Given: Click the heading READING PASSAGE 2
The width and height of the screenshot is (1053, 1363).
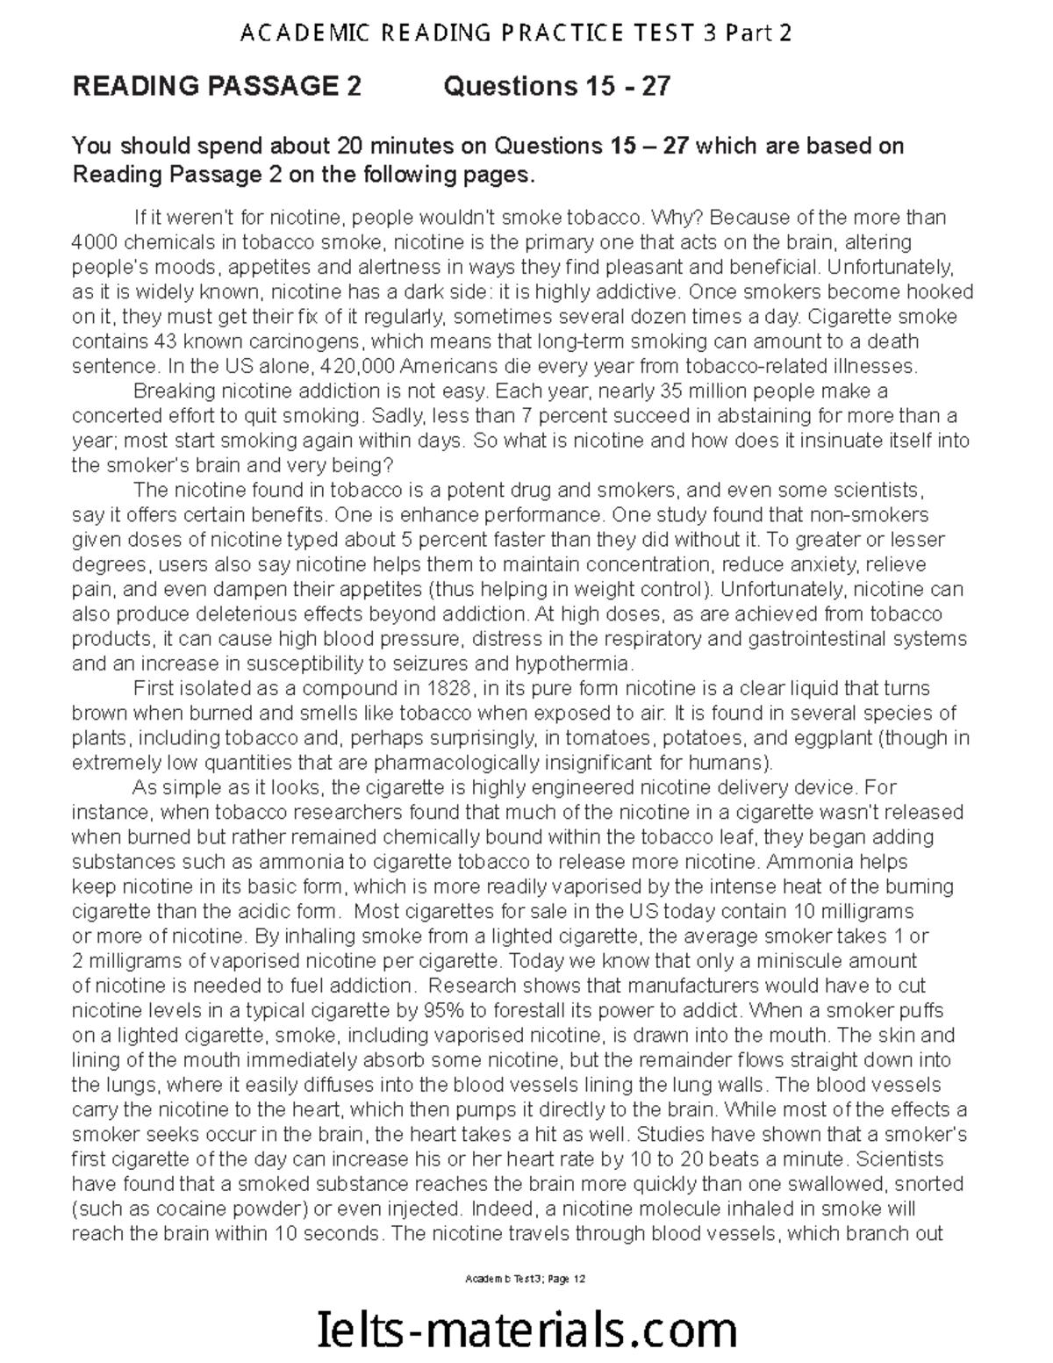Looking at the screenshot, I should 216,87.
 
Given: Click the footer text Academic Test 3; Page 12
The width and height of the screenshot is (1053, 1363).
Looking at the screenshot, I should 526,1279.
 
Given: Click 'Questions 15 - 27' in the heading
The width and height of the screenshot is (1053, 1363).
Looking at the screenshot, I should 557,87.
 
